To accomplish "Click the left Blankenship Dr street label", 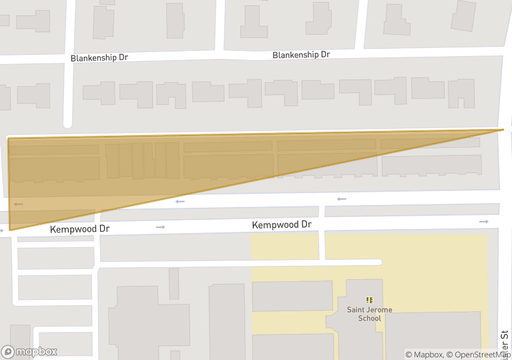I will click(x=99, y=58).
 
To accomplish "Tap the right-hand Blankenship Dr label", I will click(x=301, y=55).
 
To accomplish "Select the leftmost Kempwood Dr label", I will click(x=79, y=228).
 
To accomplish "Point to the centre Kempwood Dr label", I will click(x=282, y=225).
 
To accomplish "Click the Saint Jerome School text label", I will click(x=369, y=314).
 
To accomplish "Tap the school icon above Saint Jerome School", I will click(x=369, y=301).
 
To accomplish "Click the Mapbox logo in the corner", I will click(x=29, y=351).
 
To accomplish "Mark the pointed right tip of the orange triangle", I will click(x=503, y=130).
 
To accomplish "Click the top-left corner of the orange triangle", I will click(x=8, y=138).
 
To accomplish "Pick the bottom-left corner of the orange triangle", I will click(x=9, y=230).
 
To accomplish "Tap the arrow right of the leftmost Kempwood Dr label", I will click(x=160, y=227).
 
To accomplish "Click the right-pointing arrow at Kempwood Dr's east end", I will click(x=483, y=221).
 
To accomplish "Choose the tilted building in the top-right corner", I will click(x=463, y=15).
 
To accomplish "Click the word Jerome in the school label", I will click(x=378, y=310).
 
